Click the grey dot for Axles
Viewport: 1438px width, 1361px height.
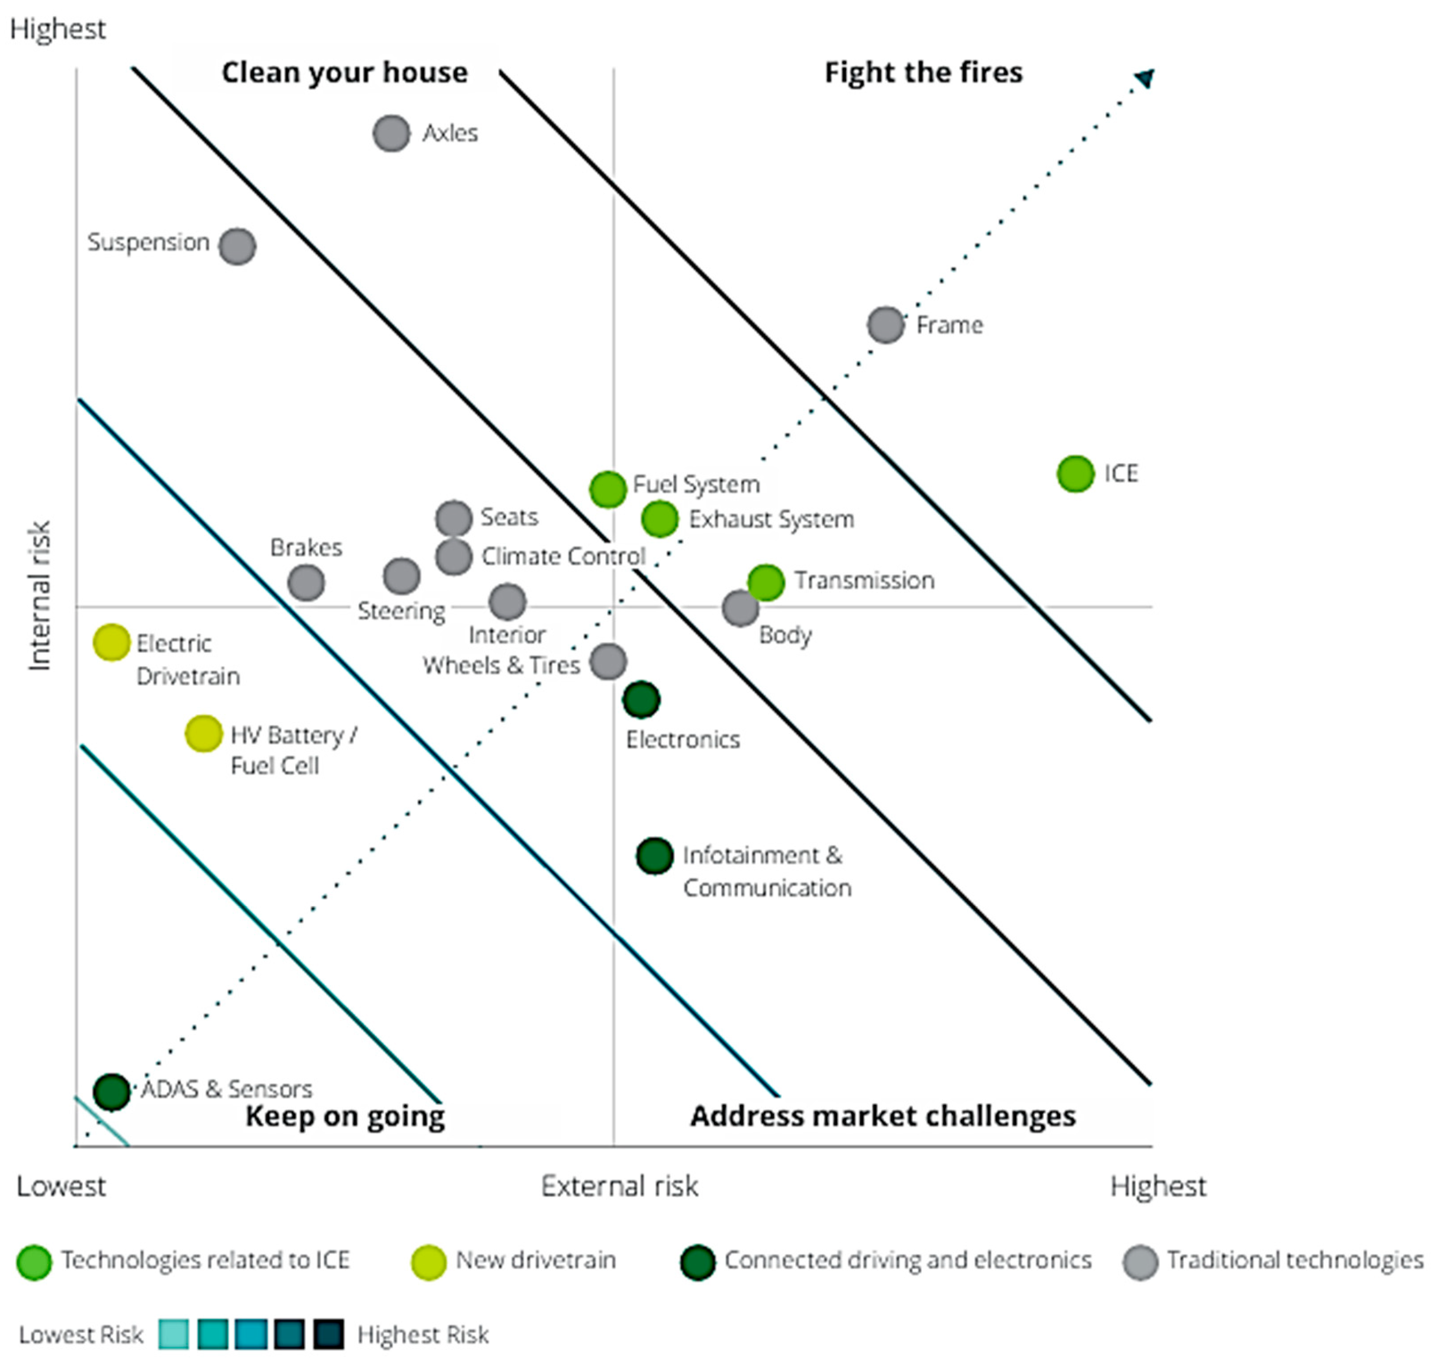391,134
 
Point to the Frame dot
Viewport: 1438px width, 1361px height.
886,325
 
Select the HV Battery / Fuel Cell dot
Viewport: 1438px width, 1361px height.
203,734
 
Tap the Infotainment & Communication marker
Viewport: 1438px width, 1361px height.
655,857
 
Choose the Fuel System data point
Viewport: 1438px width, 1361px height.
608,489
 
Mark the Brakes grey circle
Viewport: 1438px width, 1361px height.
306,582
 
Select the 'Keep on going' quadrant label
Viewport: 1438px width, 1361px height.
345,1116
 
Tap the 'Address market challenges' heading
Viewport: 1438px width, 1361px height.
882,1116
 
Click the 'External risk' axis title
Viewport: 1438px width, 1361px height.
619,1187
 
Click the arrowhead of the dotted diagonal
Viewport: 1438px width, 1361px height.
1146,77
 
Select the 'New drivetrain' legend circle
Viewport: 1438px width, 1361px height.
428,1263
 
